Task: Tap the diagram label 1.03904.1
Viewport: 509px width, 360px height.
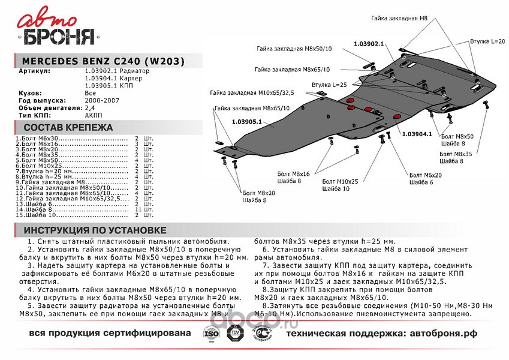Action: click(417, 133)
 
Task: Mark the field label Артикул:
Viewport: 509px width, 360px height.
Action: click(35, 71)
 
